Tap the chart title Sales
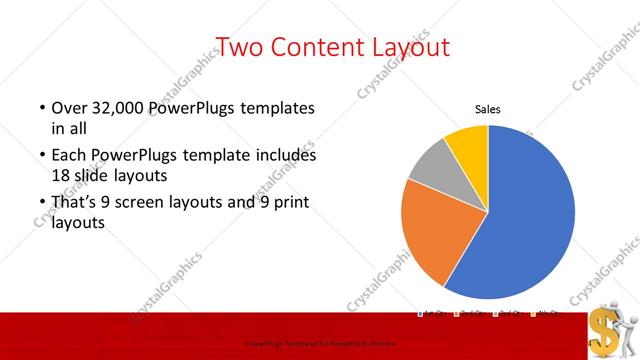pos(487,110)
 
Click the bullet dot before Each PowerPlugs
pos(41,156)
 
